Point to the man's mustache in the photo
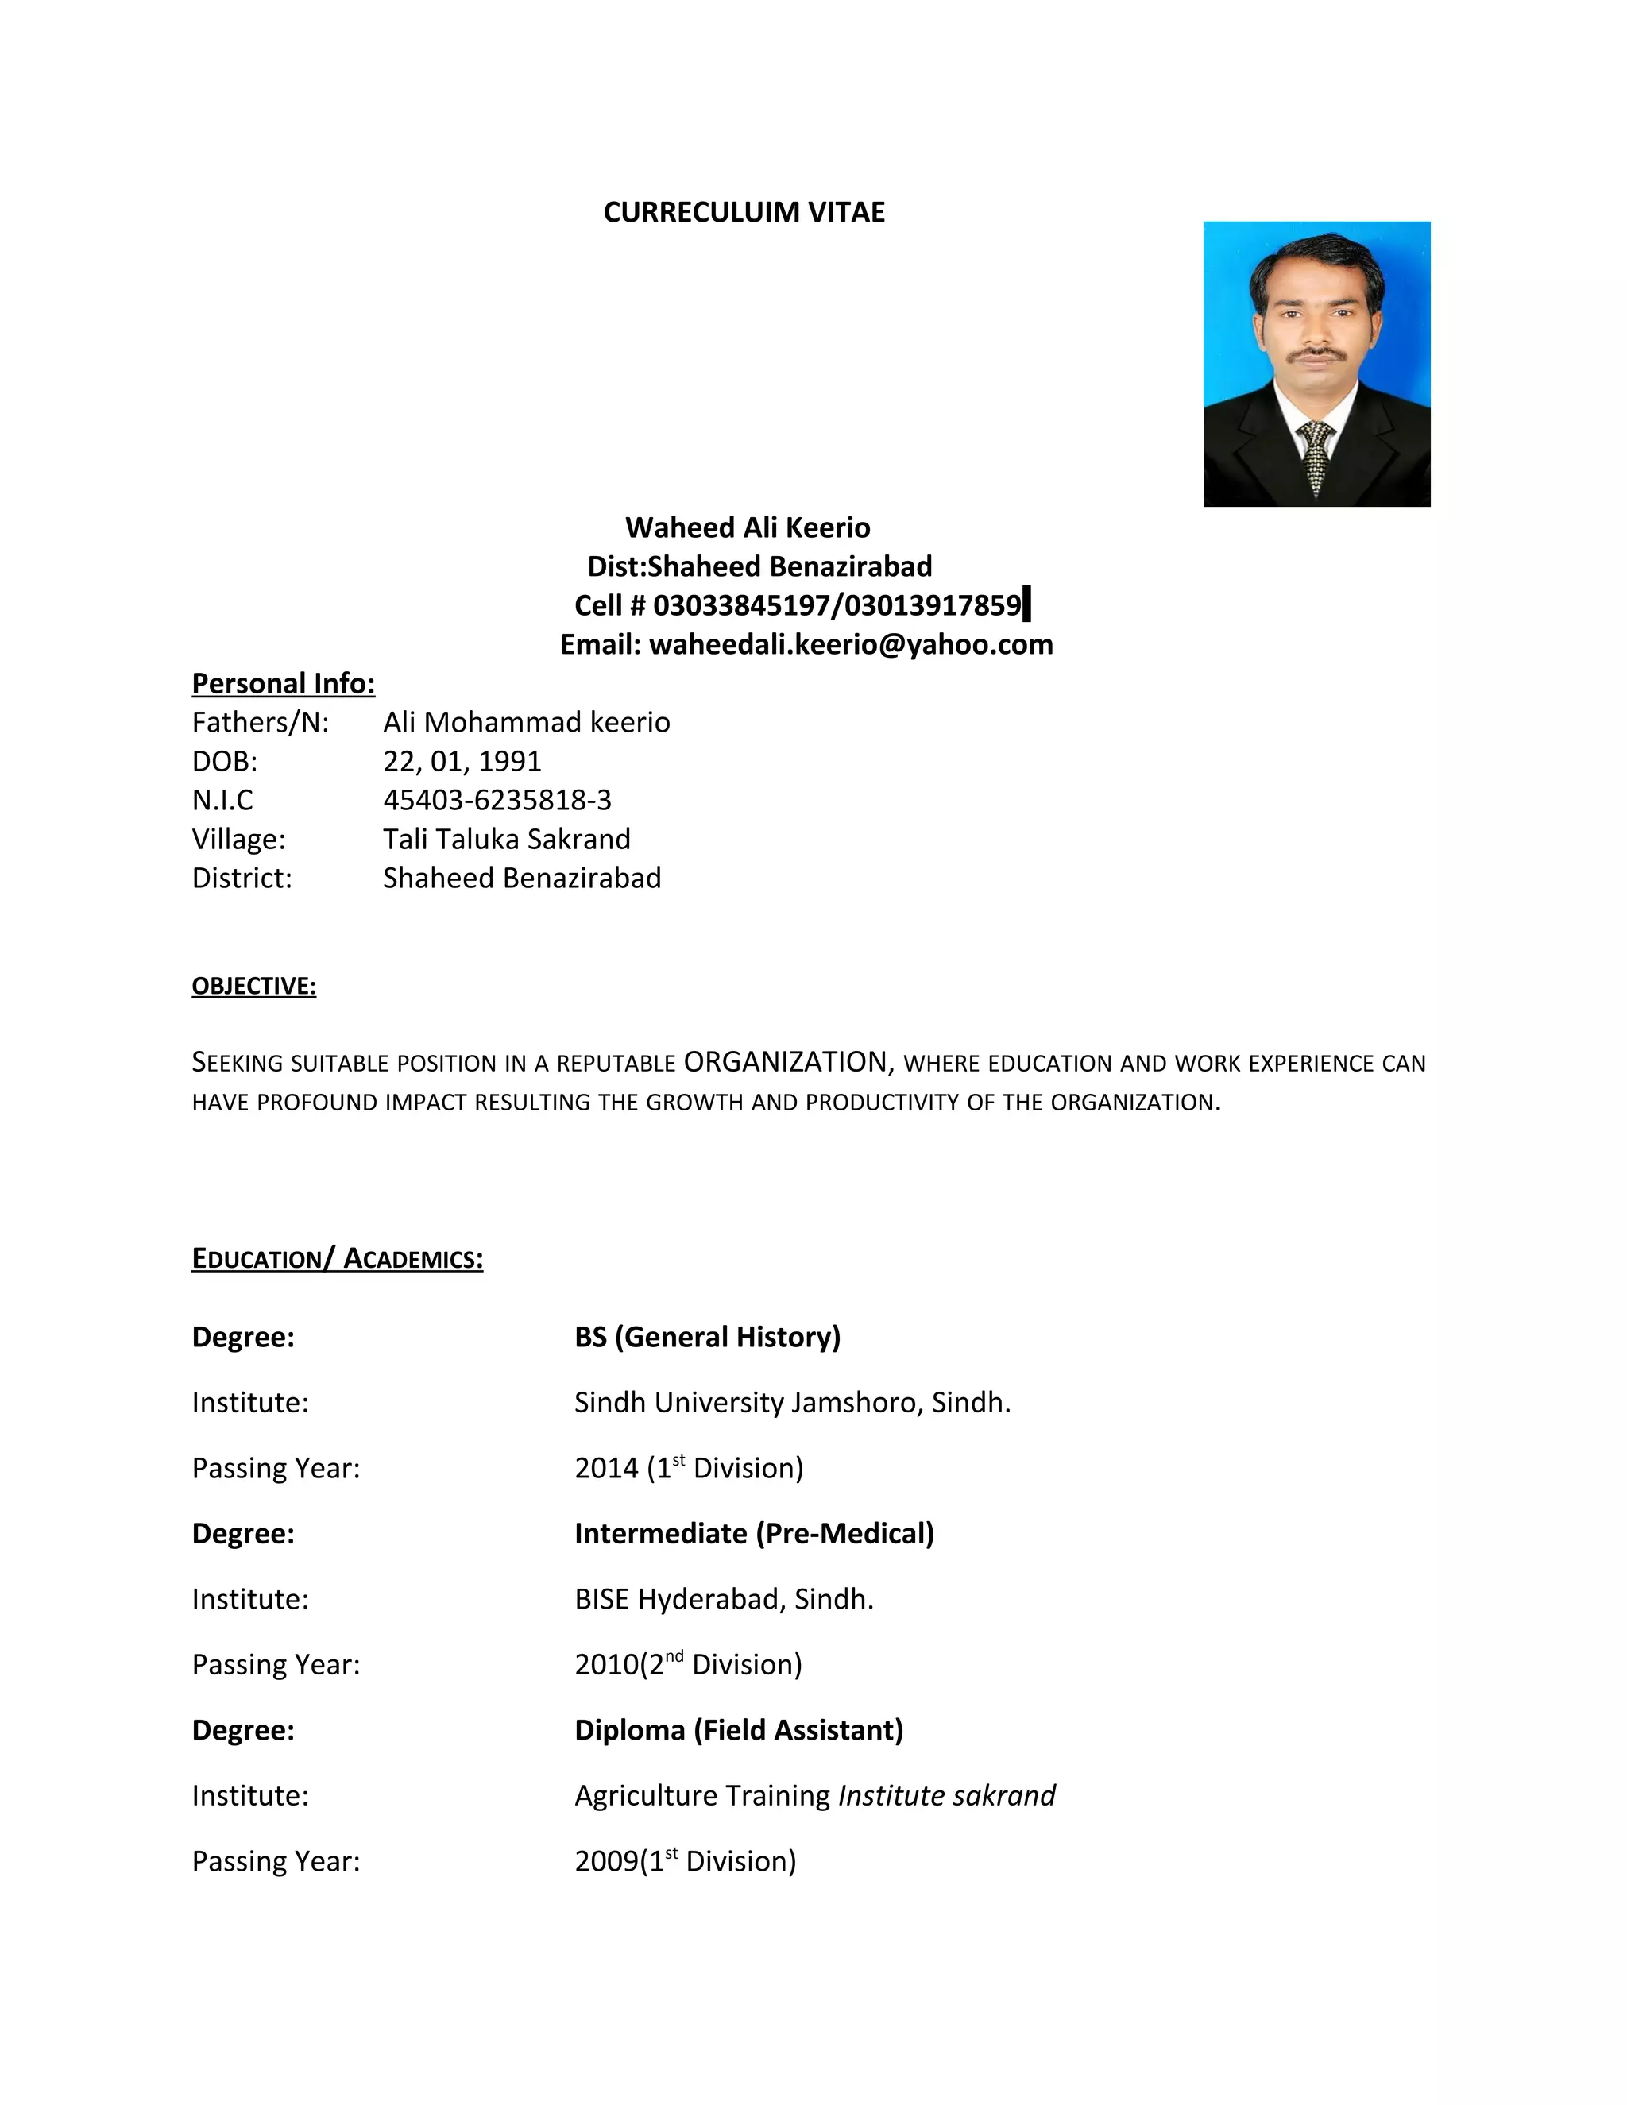1318,355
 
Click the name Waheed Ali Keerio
747,527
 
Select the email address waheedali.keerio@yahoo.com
850,644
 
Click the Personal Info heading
284,683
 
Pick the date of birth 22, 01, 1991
462,762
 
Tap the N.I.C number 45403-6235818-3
497,800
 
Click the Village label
238,840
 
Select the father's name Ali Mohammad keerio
525,722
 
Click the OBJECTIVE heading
253,986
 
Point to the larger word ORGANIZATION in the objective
785,1061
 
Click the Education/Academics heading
338,1259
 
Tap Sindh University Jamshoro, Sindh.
791,1402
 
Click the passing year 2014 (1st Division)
688,1468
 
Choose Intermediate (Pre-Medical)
754,1533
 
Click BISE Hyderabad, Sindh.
723,1599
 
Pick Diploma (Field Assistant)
738,1730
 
